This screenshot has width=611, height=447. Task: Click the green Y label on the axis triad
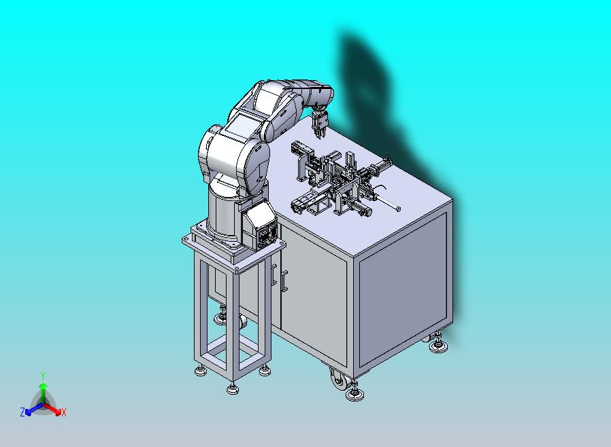click(x=43, y=376)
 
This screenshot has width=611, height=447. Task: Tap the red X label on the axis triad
click(x=64, y=412)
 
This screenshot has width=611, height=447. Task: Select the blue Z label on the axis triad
click(x=22, y=412)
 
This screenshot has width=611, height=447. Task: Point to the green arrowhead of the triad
click(x=44, y=386)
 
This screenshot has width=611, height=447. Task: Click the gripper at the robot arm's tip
click(x=320, y=122)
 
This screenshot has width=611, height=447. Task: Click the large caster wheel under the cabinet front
click(x=340, y=379)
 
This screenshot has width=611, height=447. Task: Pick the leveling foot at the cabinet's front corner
click(x=354, y=392)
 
